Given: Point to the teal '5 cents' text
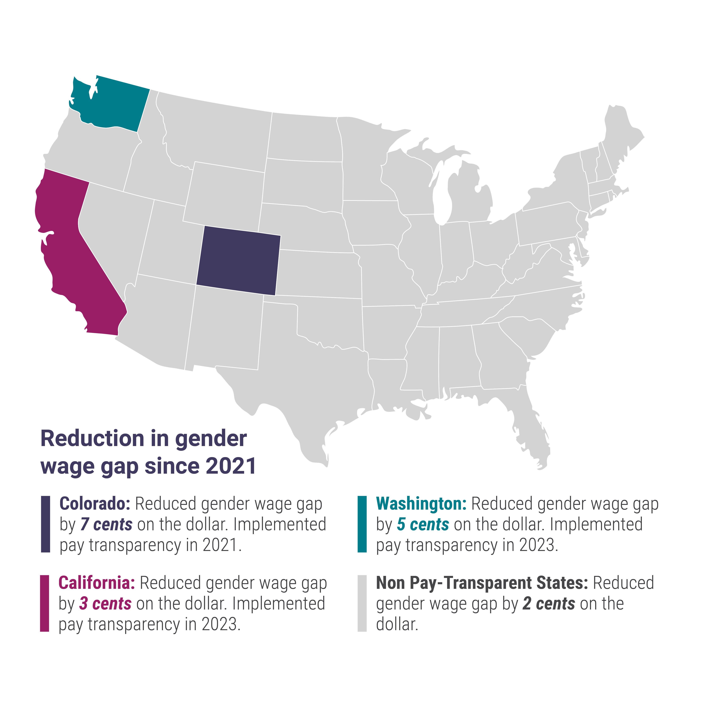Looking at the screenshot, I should click(423, 524).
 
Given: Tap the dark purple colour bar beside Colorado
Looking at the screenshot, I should click(46, 524).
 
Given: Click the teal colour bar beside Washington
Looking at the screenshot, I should click(362, 524).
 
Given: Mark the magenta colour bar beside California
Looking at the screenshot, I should click(44, 603).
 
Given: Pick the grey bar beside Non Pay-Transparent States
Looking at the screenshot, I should click(362, 603).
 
